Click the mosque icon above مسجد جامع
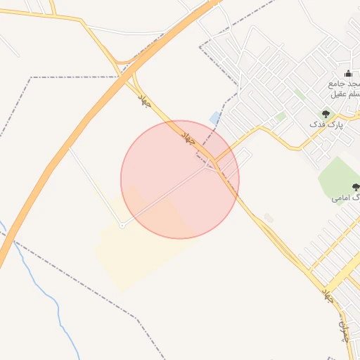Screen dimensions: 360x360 coord(348,74)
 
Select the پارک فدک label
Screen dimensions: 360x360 coord(326,124)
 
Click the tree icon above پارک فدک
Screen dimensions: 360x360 coord(326,113)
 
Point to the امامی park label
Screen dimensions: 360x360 coord(345,198)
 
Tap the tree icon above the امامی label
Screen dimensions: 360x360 coord(356,187)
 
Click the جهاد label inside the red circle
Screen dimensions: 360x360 coord(189,136)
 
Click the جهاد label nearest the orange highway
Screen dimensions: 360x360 coord(144,99)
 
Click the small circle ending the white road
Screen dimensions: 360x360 coord(122,225)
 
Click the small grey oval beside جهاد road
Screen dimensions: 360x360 coord(269,218)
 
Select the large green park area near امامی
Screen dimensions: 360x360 coord(337,176)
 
